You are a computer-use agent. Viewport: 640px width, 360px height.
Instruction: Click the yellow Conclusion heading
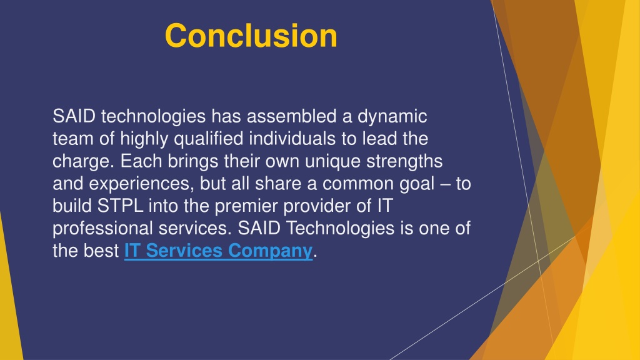251,36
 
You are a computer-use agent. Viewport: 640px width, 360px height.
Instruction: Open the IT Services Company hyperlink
218,251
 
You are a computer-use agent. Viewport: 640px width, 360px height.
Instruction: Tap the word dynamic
392,117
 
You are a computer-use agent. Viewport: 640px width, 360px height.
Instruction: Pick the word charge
84,162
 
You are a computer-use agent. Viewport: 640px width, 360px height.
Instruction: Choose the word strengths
404,162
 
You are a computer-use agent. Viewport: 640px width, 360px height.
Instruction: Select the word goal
417,184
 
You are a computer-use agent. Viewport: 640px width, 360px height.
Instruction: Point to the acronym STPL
121,206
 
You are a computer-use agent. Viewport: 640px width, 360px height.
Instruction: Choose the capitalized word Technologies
341,229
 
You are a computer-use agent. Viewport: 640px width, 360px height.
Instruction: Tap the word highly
144,139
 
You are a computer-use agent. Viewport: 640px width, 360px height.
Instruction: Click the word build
72,206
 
